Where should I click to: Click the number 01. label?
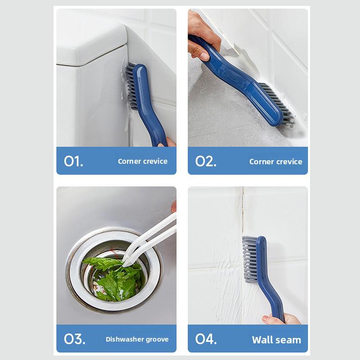click(x=73, y=161)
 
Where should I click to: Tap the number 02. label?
click(x=206, y=161)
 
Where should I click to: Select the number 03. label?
click(x=74, y=339)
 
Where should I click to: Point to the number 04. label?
click(x=206, y=339)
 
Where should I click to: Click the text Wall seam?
click(x=276, y=340)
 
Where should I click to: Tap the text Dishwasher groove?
click(x=137, y=339)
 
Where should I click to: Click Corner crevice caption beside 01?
click(x=143, y=161)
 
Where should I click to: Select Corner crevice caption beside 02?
click(x=276, y=162)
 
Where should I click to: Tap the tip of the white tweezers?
click(x=124, y=265)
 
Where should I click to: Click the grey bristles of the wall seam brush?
click(x=250, y=259)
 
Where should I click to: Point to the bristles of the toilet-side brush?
click(x=130, y=86)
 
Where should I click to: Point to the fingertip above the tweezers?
click(x=174, y=206)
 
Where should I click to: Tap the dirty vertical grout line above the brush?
click(x=243, y=211)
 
